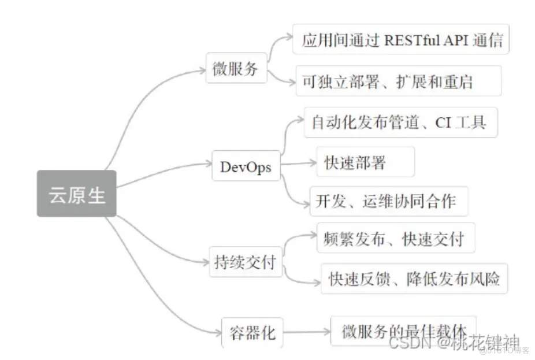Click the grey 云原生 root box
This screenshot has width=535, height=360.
coord(76,194)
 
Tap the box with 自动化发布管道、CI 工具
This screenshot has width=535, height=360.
coord(400,123)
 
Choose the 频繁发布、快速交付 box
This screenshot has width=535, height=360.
coord(396,237)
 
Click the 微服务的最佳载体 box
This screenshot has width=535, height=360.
coord(403,331)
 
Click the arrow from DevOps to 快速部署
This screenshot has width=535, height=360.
coord(298,164)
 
